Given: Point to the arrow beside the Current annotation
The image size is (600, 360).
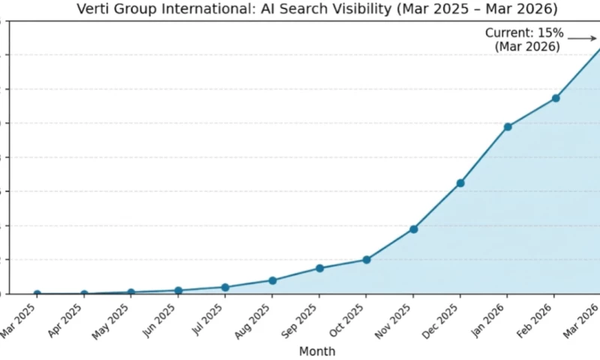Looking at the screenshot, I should pos(582,37).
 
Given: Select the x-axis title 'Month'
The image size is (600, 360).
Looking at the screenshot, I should pos(317,351).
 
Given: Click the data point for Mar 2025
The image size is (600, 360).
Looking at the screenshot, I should pos(37,294).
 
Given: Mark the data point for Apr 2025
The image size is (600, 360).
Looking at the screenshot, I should pos(84,294).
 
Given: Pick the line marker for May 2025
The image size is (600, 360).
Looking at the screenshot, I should pos(131,292).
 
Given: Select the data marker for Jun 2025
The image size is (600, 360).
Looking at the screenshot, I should pos(178,290).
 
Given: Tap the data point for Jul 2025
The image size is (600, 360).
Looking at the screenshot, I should pos(225,287).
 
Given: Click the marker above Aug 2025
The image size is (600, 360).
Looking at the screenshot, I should pos(272,280).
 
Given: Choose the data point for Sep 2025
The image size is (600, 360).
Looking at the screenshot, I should pos(319,268).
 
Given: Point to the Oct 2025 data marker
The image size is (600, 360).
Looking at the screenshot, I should pos(366,259).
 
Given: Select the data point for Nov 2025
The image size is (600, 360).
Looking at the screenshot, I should pos(413,229).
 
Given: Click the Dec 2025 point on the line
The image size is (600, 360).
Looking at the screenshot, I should pos(460,183).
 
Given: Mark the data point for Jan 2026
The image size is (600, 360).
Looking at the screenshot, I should pos(508,127).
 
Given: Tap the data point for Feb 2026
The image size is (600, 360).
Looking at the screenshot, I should pos(555,98).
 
